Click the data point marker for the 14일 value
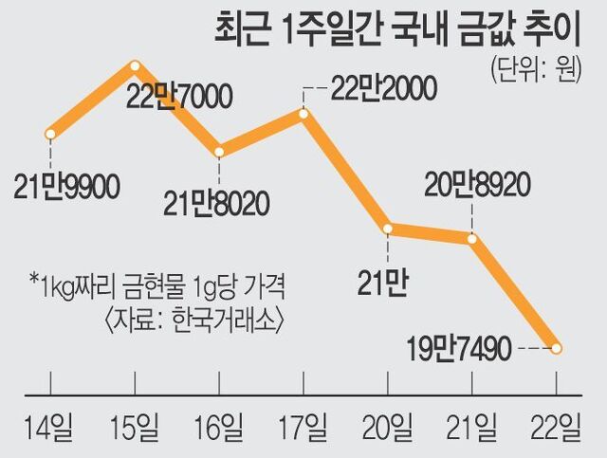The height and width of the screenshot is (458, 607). point(50,132)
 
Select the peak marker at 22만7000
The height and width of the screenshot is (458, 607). point(135,65)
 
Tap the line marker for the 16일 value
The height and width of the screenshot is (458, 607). point(219,151)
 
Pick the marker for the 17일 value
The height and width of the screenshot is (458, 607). point(303,114)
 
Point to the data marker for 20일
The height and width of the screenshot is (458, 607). point(388,229)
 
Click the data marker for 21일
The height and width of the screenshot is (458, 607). point(472,238)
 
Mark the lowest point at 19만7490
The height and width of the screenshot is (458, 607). point(556,348)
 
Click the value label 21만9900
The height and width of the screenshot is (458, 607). point(67,188)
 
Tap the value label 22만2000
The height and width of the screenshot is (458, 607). point(382,90)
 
